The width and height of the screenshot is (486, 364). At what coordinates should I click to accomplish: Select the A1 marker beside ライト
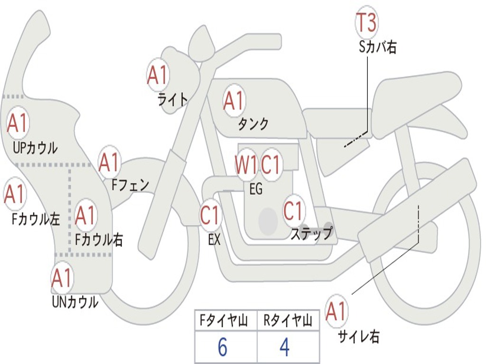(158, 75)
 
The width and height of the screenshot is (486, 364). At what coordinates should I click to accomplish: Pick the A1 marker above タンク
(234, 100)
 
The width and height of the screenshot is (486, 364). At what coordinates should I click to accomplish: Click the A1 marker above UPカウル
(18, 123)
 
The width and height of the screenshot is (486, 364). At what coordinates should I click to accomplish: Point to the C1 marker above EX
(211, 215)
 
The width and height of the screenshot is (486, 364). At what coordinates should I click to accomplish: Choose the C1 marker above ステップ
(293, 210)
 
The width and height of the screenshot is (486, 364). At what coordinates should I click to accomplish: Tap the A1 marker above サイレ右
(336, 311)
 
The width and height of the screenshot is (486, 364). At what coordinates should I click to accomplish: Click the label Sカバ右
(378, 47)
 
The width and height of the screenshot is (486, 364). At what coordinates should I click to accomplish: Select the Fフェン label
(130, 185)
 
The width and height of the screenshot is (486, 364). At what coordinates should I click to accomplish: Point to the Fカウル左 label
(36, 219)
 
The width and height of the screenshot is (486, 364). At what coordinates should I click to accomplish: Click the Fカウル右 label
(99, 239)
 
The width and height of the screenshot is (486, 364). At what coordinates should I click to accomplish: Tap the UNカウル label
(75, 302)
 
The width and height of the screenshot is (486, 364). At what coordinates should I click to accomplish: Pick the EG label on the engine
(256, 189)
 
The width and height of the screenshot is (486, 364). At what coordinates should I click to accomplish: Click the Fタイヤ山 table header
(224, 320)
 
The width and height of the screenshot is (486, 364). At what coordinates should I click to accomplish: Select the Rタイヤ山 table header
(288, 320)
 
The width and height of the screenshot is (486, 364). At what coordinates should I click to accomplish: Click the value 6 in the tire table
(223, 347)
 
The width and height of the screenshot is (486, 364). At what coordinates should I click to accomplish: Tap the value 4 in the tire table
(285, 347)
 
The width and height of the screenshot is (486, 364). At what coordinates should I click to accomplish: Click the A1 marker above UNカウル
(63, 278)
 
